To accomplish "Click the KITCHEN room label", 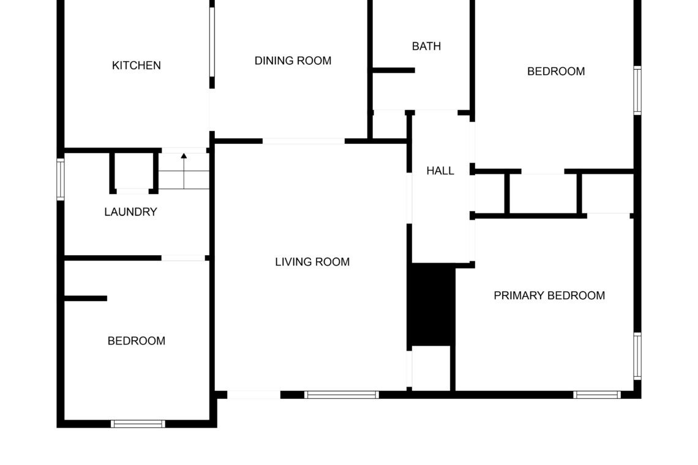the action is [x=136, y=65].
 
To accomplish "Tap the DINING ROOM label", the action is [x=293, y=61].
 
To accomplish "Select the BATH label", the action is [x=427, y=46].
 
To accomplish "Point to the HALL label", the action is [x=440, y=171].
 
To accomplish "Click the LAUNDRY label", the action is [x=131, y=212].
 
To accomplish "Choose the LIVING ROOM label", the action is [x=312, y=262].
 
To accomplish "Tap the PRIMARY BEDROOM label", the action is [x=549, y=296].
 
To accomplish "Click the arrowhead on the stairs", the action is [x=184, y=156].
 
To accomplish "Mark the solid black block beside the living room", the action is [x=432, y=304].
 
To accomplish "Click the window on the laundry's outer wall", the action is [x=61, y=180].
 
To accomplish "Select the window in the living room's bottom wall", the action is [x=342, y=395].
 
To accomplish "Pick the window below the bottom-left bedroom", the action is [x=138, y=424].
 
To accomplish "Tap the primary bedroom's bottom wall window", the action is [x=597, y=395].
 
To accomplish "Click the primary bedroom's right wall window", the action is [x=637, y=356].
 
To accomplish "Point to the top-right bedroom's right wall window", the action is [x=637, y=91].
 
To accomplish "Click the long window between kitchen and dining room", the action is [x=212, y=42].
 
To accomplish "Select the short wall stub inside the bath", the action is [x=394, y=70].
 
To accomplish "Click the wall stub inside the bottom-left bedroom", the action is [x=86, y=298].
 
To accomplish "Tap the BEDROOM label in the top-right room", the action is [x=556, y=71].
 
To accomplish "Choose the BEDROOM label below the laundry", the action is [x=137, y=341].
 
